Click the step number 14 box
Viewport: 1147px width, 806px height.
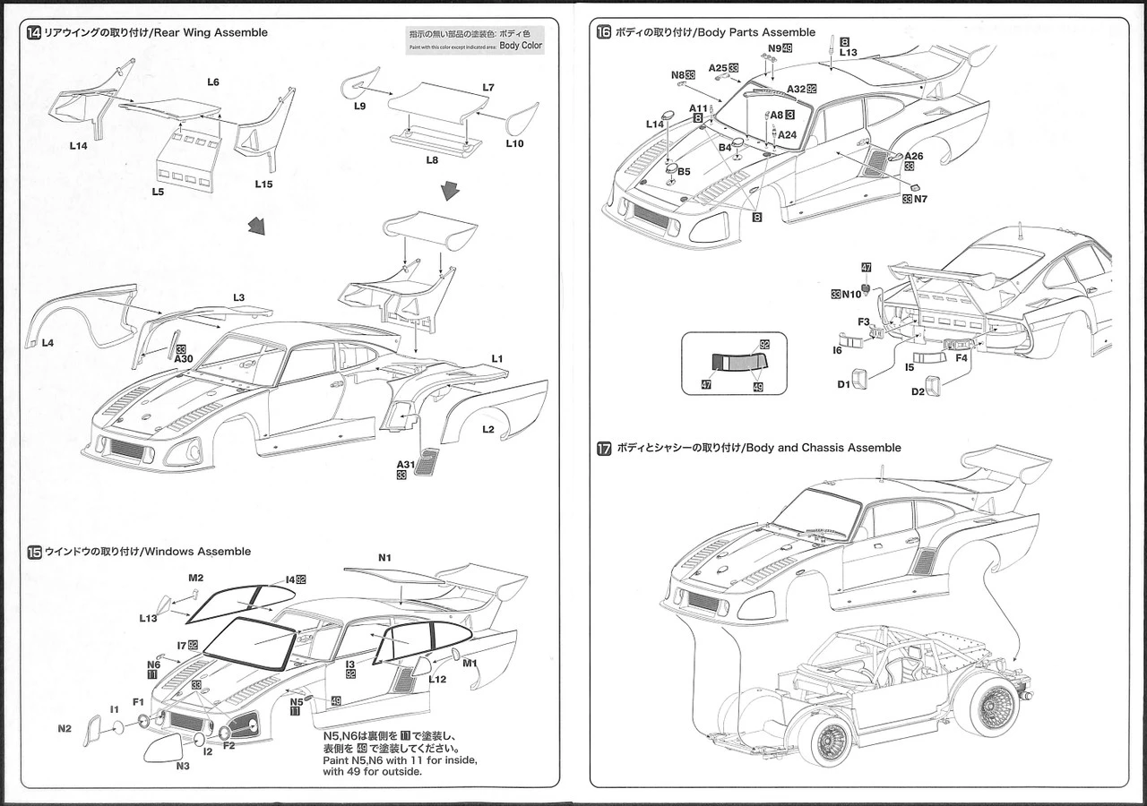[x=34, y=33]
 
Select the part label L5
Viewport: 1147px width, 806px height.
[x=158, y=192]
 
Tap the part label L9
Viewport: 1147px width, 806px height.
[x=359, y=106]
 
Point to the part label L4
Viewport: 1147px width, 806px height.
[x=47, y=343]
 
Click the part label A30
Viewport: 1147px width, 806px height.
[x=183, y=358]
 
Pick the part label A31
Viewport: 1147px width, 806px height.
[x=404, y=463]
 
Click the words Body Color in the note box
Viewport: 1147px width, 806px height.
[x=521, y=46]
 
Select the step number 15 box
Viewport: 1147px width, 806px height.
[x=34, y=552]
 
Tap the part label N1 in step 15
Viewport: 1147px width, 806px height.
[x=384, y=558]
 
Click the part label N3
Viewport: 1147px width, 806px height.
[x=183, y=766]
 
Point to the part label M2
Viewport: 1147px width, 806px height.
[x=196, y=578]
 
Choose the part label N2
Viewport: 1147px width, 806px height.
[x=65, y=728]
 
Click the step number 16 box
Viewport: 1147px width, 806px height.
[x=604, y=32]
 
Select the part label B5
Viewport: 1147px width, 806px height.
[x=683, y=170]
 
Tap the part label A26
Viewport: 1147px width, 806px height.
[x=913, y=156]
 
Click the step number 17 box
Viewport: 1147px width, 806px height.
[x=604, y=448]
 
